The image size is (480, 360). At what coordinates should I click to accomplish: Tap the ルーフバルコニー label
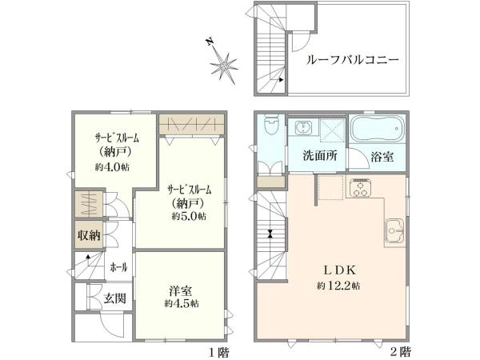(x=353, y=59)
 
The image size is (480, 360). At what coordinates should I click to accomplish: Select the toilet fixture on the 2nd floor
(x=271, y=125)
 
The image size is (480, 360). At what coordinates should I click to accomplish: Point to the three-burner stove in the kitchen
(x=359, y=187)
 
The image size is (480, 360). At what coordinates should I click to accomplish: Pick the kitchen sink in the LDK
(x=395, y=230)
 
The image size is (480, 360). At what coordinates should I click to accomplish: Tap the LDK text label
(x=339, y=270)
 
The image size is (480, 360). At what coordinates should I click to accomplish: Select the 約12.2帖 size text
(x=338, y=286)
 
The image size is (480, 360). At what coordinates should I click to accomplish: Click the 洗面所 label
(x=320, y=156)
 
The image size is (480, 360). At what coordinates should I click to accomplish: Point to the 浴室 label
(x=382, y=157)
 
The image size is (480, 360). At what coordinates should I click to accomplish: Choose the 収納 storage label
(x=89, y=235)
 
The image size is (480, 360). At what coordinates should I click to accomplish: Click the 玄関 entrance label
(x=114, y=298)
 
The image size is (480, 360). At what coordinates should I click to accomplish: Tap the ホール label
(x=118, y=268)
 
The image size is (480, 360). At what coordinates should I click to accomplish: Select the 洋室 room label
(x=182, y=291)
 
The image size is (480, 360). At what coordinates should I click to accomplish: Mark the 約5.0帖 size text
(x=189, y=217)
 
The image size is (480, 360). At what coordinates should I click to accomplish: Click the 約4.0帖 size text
(x=112, y=167)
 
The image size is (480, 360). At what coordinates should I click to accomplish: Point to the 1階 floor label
(x=219, y=353)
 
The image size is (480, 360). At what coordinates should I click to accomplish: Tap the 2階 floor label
(x=401, y=352)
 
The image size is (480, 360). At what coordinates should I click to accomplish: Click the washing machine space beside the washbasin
(x=333, y=130)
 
